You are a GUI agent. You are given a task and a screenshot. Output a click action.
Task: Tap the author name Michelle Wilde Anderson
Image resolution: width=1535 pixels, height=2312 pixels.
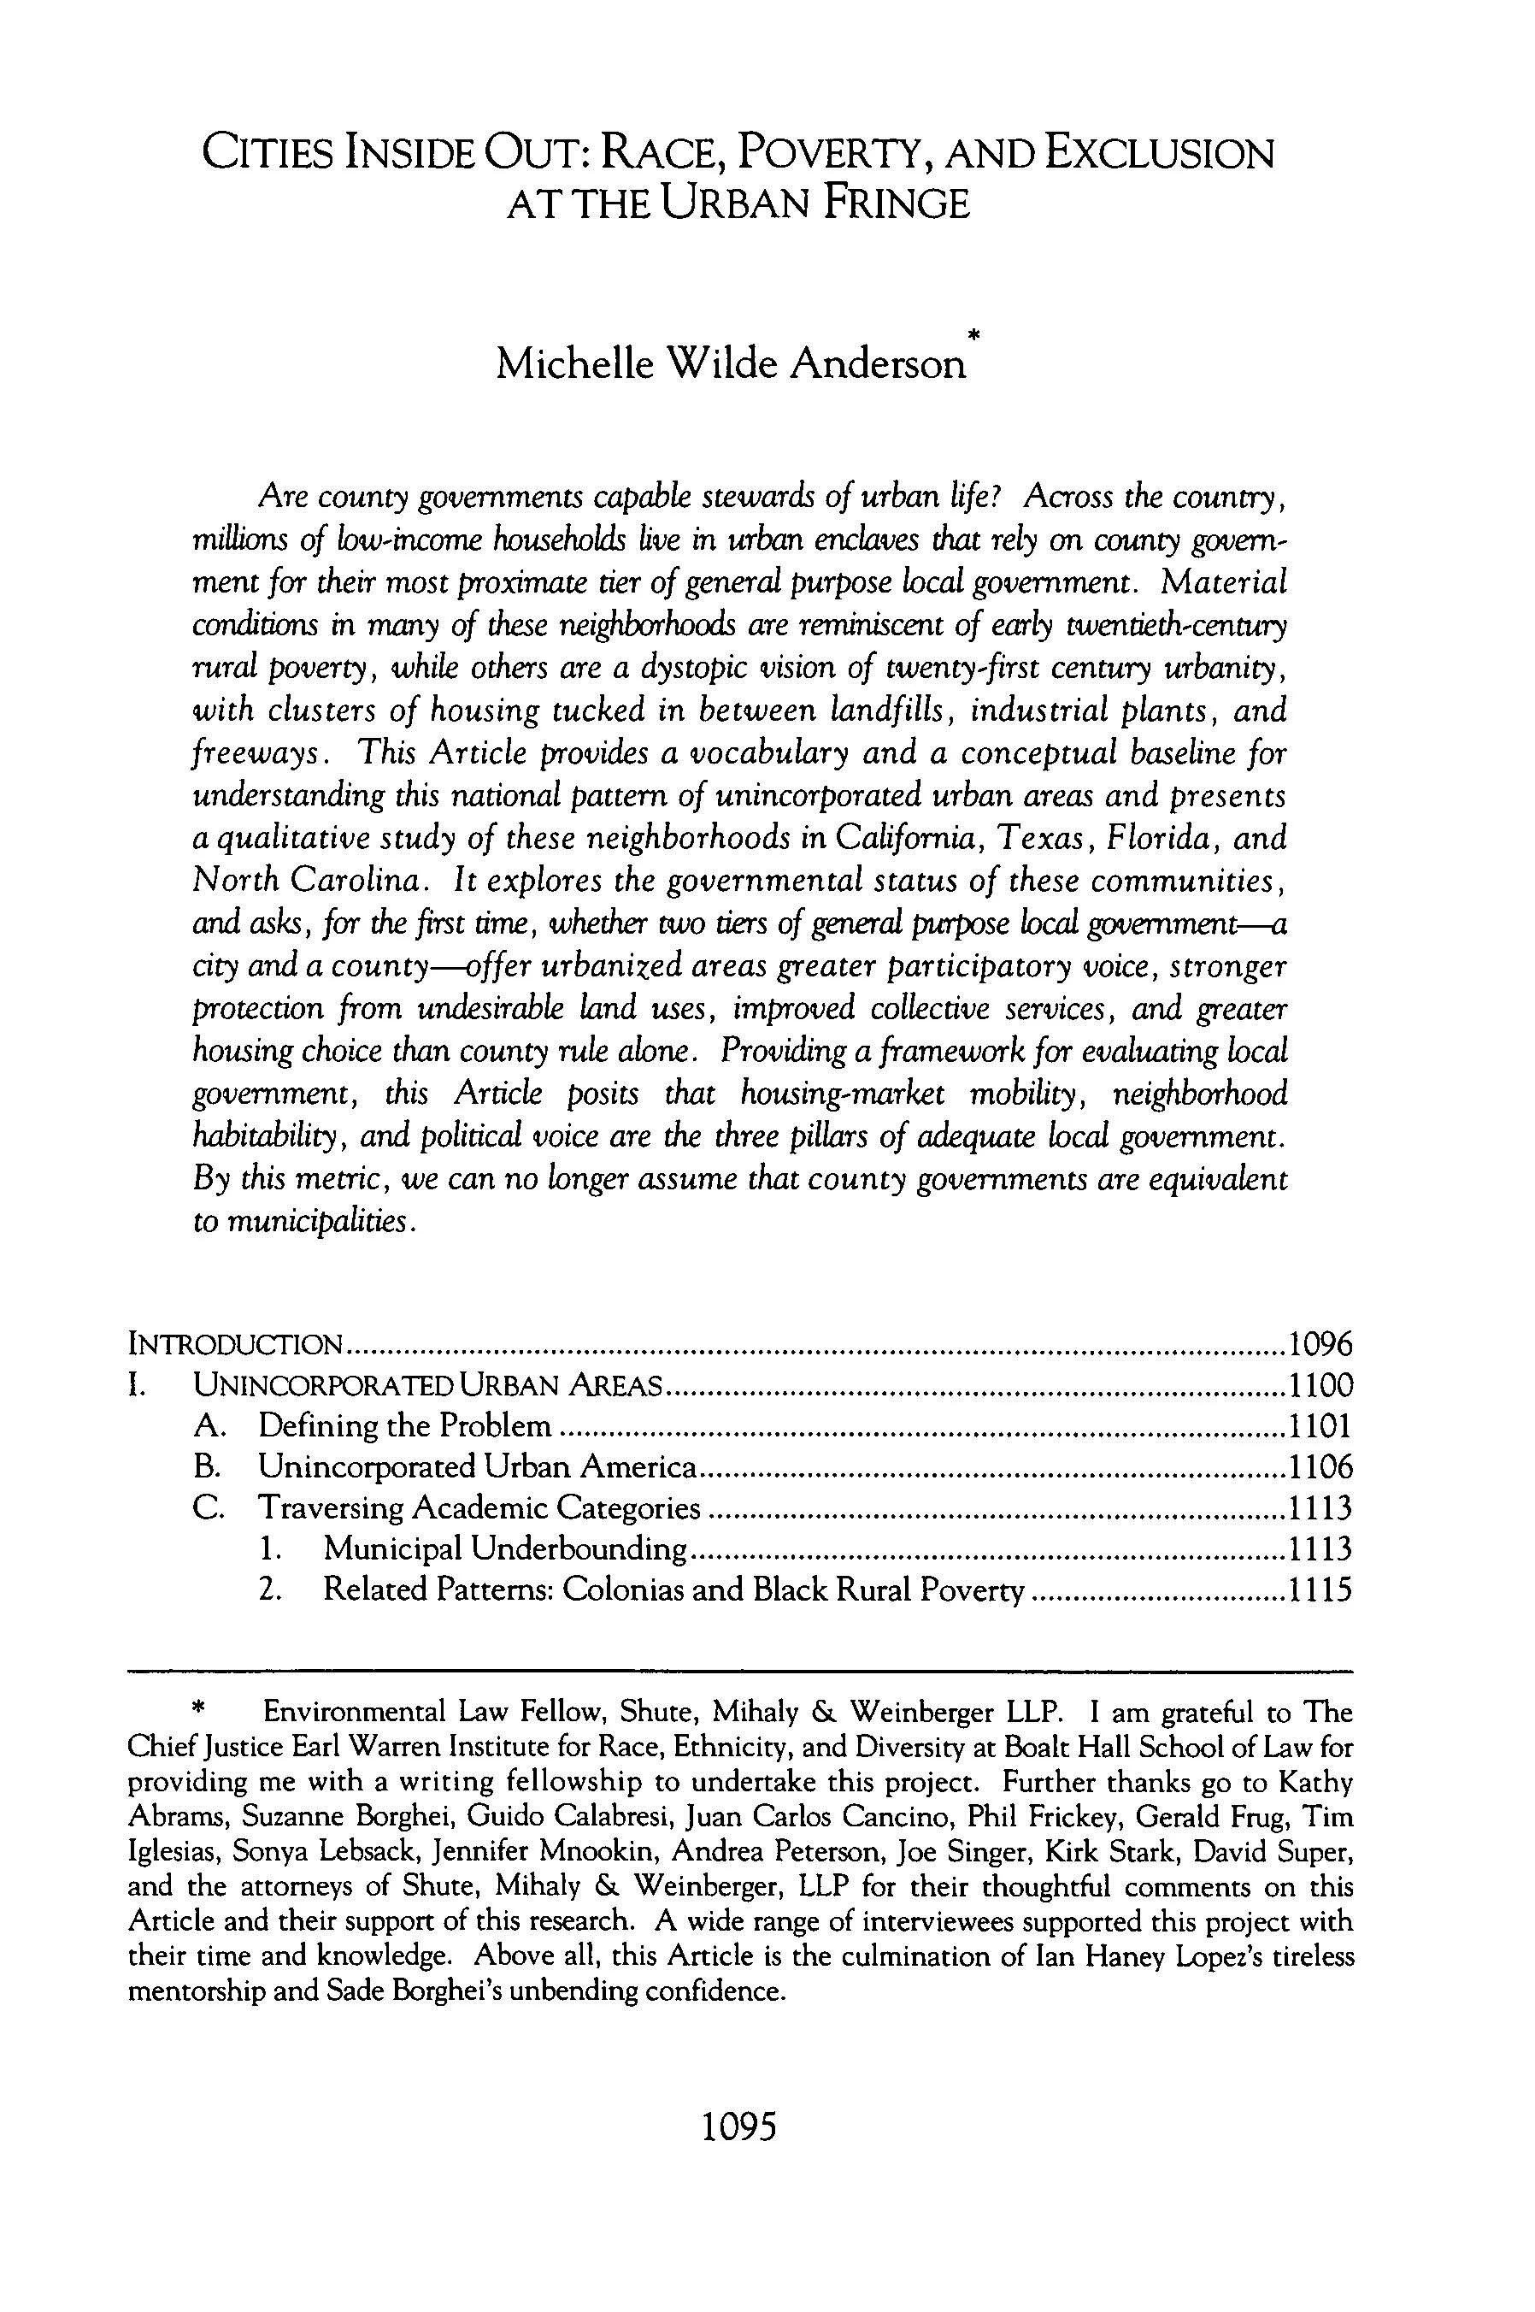click(x=729, y=364)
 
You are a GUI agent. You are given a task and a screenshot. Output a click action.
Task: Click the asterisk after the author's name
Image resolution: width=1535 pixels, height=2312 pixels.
click(x=973, y=338)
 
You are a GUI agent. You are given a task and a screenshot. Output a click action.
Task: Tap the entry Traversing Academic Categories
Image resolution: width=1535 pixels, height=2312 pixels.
click(x=479, y=1507)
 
